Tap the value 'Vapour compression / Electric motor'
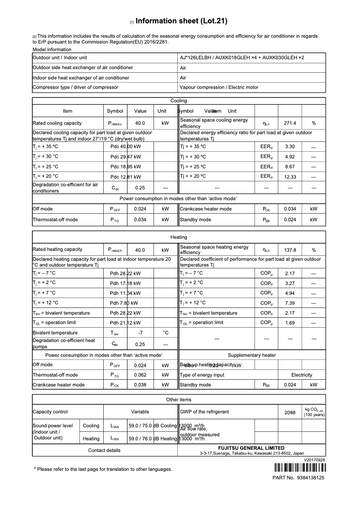[x=219, y=88]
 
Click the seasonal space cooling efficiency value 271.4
[x=290, y=123]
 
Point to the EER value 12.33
[x=290, y=177]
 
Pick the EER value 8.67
[x=290, y=167]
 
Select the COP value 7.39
[x=290, y=303]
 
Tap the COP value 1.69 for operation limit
[x=290, y=323]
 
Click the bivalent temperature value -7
[x=140, y=333]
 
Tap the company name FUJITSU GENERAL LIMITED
[x=251, y=448]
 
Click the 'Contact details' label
[x=104, y=450]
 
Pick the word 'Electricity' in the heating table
[x=302, y=375]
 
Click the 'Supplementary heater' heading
[x=252, y=355]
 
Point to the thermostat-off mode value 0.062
[x=140, y=375]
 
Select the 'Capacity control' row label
[x=50, y=412]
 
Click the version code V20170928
[x=314, y=460]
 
